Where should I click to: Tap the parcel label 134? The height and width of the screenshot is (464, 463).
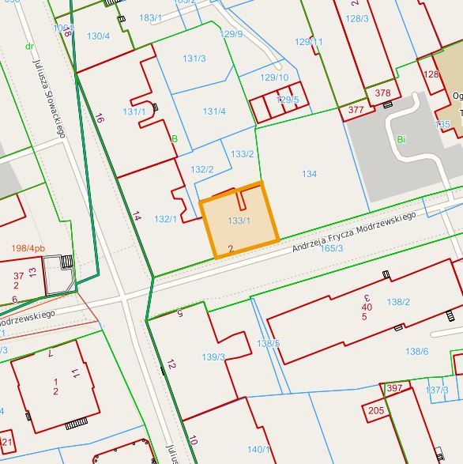309,174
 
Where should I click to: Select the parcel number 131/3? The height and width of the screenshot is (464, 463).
194,59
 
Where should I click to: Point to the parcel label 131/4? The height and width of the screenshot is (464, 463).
214,111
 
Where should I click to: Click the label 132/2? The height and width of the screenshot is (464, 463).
202,169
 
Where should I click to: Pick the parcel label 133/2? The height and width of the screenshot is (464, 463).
242,153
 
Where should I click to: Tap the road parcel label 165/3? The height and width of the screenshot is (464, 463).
332,248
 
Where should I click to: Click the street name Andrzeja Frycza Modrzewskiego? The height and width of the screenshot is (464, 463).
353,232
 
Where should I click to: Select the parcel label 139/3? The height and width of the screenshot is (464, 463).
213,357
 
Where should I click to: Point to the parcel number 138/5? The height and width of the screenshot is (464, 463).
268,343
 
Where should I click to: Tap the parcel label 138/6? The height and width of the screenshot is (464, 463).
416,351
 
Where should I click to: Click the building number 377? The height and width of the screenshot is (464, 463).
356,110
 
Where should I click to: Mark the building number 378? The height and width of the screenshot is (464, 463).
382,93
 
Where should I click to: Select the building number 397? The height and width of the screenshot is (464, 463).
394,388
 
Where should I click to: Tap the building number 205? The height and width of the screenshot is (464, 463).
376,410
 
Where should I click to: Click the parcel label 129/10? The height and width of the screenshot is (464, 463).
274,77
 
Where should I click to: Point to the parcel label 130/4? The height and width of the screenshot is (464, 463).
98,36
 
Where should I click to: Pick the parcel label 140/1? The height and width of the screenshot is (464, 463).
258,450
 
